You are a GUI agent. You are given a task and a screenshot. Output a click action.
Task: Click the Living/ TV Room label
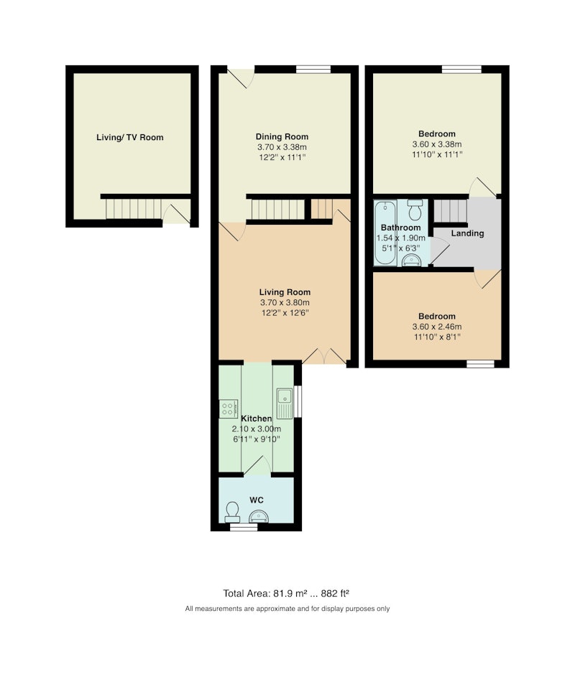130,137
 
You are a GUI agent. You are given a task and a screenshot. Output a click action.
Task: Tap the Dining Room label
282,136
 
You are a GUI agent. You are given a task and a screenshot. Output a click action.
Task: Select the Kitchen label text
257,419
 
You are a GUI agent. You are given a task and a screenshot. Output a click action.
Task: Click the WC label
257,500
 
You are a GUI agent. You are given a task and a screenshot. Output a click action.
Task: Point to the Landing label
467,233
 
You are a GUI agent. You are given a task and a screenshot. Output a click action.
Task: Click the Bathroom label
401,228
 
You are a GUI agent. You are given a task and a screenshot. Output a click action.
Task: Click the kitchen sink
284,403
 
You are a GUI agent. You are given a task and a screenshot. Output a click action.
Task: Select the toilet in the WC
231,513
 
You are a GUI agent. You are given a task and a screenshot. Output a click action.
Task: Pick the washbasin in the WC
259,517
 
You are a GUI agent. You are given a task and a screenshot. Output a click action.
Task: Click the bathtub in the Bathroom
385,233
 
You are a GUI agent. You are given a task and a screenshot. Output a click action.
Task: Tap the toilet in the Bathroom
415,210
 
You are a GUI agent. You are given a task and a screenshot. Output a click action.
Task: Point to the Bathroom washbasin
411,260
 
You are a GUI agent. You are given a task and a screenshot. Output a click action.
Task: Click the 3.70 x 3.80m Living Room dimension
285,303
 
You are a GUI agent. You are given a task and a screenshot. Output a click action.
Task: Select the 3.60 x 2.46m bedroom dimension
437,327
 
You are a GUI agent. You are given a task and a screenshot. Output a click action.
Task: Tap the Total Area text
286,593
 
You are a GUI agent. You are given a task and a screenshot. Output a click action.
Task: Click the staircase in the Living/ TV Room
134,209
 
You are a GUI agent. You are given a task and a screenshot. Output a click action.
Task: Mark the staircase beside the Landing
451,210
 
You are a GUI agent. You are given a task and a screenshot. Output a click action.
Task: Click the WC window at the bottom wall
244,527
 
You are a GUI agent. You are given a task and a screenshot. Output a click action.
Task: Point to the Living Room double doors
325,355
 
